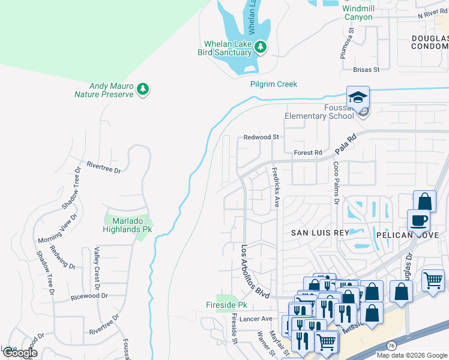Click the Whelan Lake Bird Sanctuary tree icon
point(260,47)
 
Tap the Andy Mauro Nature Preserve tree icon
point(142,89)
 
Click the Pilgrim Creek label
point(274,85)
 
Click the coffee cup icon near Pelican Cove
point(418,220)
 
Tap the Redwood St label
point(261,137)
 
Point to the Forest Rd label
point(307,152)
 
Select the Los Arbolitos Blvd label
point(253,271)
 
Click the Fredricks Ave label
point(276,187)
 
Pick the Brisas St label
point(367,70)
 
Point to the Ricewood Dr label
point(89,296)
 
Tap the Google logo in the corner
point(19,353)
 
